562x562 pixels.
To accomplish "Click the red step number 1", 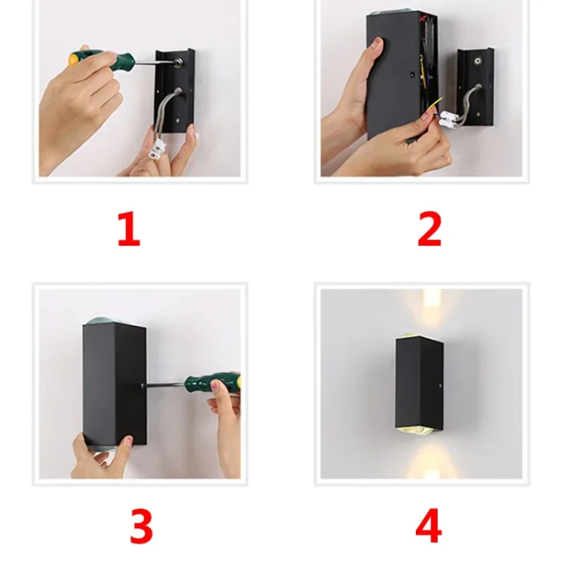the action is pos(129,229).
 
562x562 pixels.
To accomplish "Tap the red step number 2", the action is pos(430,229).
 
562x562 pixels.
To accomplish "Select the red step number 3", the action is pos(141,526).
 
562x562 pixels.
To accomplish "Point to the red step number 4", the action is pos(429,525).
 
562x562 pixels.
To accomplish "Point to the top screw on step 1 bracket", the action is pos(177,63).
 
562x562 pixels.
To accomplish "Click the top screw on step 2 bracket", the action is pos(478,61).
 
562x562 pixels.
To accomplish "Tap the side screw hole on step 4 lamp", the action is pos(441,386).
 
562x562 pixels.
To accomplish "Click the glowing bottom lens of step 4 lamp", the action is pos(417,431).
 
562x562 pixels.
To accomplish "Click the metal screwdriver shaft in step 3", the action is pos(164,385).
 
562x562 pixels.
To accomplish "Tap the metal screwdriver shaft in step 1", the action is pos(154,63).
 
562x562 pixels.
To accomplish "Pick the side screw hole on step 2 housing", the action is pos(413,75).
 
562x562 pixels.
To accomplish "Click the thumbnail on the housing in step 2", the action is pos(377,44).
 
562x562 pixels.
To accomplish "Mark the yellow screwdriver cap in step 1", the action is pos(73,59).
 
